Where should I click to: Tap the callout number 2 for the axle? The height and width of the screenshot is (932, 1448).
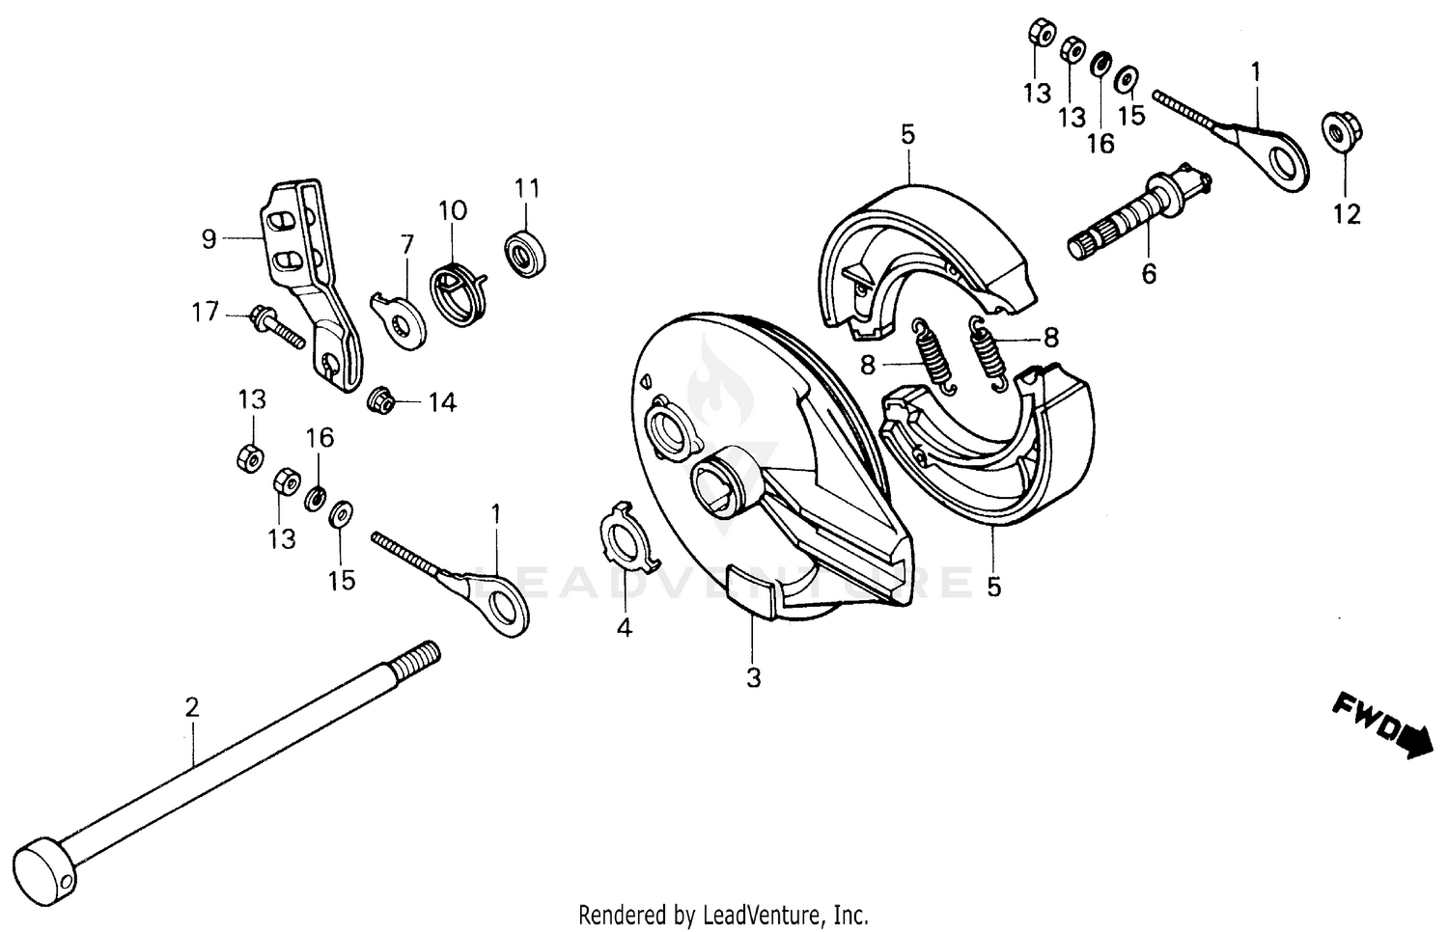[x=192, y=708]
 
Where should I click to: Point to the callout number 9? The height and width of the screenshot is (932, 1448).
[x=209, y=238]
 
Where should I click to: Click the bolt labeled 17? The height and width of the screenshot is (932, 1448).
[x=276, y=326]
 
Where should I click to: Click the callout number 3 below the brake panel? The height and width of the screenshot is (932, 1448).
[x=753, y=677]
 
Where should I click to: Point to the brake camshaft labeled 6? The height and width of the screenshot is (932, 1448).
[x=1139, y=217]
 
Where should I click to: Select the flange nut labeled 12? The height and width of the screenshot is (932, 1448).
[x=1338, y=132]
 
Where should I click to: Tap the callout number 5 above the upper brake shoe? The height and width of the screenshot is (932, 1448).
[x=907, y=134]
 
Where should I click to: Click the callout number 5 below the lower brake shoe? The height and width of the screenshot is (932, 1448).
[x=994, y=586]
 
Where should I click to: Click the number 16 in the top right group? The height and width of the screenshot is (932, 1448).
[x=1100, y=143]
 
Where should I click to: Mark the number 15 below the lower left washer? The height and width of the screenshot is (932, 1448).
[x=342, y=580]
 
